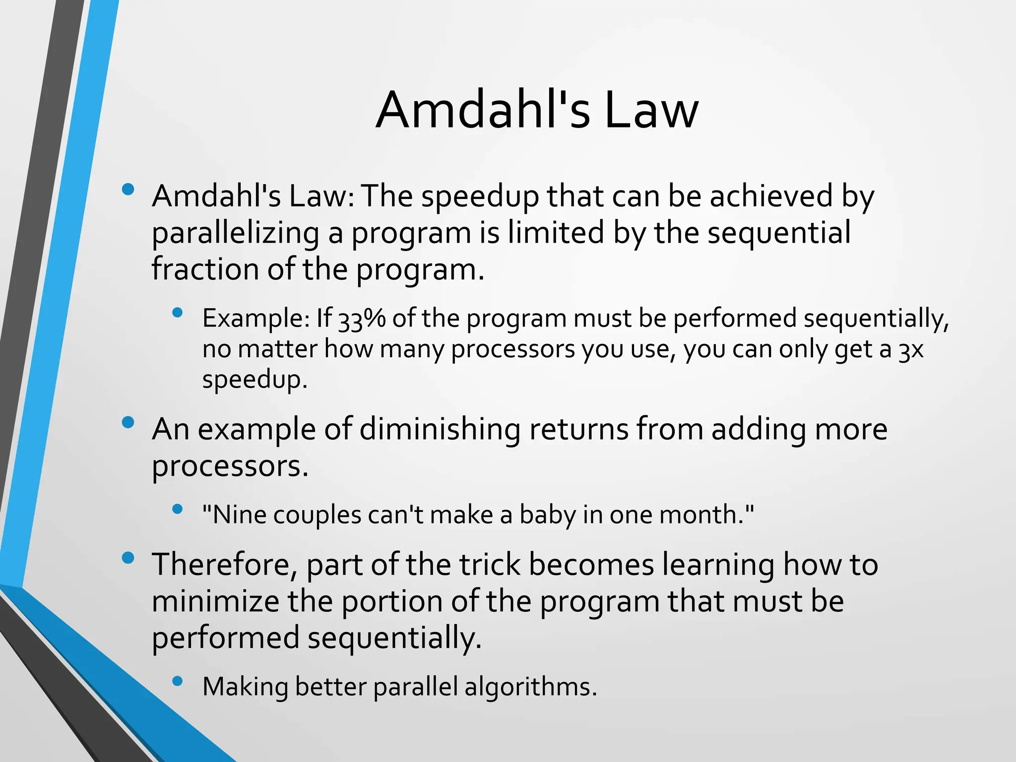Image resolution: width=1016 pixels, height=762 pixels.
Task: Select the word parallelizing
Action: (x=235, y=233)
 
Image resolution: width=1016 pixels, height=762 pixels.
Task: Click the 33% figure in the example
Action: (x=361, y=319)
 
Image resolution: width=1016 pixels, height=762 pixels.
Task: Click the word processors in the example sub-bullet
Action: (x=513, y=350)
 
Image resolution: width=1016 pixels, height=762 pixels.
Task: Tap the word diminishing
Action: (x=440, y=429)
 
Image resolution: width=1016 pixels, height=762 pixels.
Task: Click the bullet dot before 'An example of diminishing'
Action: (x=128, y=422)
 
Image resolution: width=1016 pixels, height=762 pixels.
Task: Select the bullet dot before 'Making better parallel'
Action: (x=178, y=681)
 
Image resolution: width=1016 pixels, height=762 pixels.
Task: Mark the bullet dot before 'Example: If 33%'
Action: (x=178, y=313)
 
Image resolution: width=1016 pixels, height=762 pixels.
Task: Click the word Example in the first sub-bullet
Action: (x=255, y=319)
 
